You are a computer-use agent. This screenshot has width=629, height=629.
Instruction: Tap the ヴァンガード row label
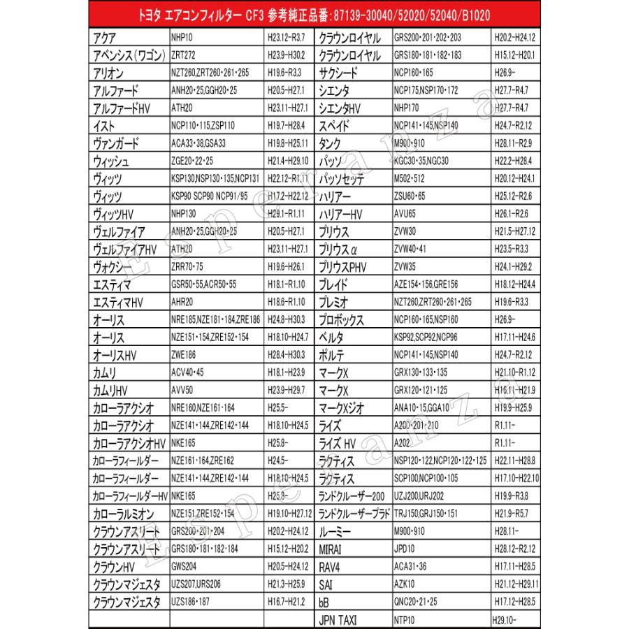click(x=115, y=144)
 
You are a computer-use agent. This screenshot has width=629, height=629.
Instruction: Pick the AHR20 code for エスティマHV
click(x=183, y=303)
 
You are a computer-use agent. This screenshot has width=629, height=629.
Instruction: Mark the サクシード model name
click(x=338, y=73)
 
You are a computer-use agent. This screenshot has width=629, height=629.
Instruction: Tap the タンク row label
click(x=330, y=144)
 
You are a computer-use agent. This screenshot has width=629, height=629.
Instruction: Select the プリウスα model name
click(x=338, y=250)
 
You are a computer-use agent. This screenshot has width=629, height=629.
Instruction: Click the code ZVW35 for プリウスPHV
click(x=408, y=267)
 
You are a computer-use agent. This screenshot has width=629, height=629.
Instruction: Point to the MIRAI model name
click(x=331, y=549)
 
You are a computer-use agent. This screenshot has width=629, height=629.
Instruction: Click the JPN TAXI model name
click(x=338, y=619)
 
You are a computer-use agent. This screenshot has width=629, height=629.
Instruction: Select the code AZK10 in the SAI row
click(x=405, y=584)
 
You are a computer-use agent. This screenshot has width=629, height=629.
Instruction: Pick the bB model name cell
click(x=324, y=601)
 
